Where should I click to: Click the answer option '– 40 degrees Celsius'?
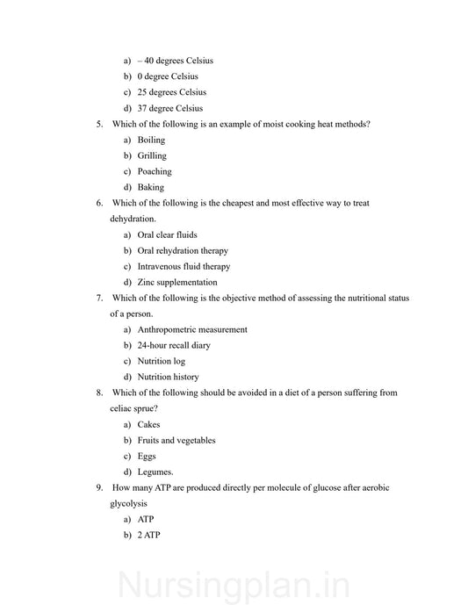pyautogui.click(x=175, y=61)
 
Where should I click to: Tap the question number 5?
pyautogui.click(x=100, y=124)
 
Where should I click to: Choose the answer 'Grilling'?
pyautogui.click(x=151, y=155)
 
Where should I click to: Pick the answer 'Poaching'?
pyautogui.click(x=155, y=171)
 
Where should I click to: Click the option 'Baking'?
pyautogui.click(x=150, y=187)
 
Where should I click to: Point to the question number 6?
pyautogui.click(x=100, y=203)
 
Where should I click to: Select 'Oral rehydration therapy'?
pyautogui.click(x=182, y=250)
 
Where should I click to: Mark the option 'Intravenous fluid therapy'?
pyautogui.click(x=184, y=266)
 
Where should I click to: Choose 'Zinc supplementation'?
pyautogui.click(x=176, y=282)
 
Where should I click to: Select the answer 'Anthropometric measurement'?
pyautogui.click(x=191, y=329)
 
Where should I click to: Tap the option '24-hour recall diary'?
pyautogui.click(x=173, y=345)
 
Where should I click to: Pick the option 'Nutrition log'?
pyautogui.click(x=161, y=361)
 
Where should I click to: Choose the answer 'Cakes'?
pyautogui.click(x=148, y=424)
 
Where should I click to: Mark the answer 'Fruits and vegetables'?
pyautogui.click(x=176, y=440)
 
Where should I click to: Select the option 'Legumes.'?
pyautogui.click(x=155, y=472)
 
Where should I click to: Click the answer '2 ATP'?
pyautogui.click(x=148, y=535)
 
